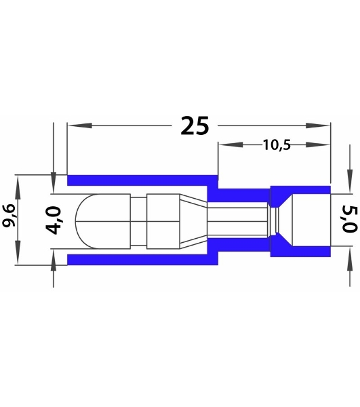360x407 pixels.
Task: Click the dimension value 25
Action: pos(195,126)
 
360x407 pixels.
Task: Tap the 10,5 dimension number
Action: pos(277,145)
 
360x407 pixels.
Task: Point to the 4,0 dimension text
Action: pos(54,220)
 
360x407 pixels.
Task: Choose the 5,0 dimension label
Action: pos(349,219)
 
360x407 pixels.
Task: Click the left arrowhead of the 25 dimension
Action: pos(80,125)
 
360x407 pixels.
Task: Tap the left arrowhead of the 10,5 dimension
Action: pos(231,144)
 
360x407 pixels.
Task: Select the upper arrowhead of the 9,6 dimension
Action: pos(18,187)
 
